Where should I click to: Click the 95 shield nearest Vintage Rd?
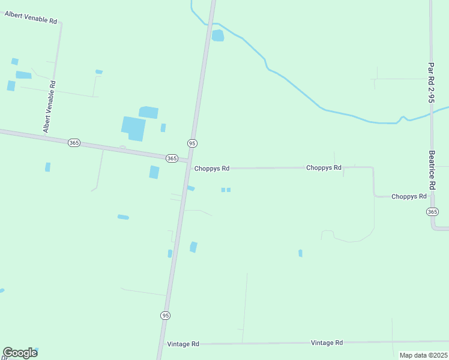tap(165, 315)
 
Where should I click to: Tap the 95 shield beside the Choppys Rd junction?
tap(191, 143)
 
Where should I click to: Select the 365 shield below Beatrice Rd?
tap(433, 212)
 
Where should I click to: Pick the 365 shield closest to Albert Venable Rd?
tap(74, 142)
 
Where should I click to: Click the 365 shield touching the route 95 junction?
tap(172, 158)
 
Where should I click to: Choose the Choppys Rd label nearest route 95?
tap(212, 169)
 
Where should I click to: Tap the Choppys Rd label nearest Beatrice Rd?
tap(409, 196)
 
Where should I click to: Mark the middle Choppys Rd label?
tap(324, 168)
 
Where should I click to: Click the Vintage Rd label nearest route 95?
tap(183, 344)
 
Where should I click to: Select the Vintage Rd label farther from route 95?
tap(327, 343)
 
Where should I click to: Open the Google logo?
tap(20, 353)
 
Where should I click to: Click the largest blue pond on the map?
tap(133, 128)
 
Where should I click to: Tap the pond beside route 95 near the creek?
tap(217, 36)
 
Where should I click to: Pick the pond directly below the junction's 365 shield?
tap(154, 172)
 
